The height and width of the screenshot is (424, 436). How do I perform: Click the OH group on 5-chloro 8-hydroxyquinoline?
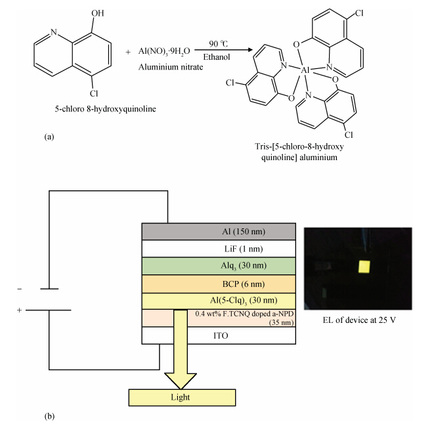98,13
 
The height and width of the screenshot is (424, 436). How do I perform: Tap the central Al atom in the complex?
305,70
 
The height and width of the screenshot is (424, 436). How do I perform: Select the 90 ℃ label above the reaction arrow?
218,44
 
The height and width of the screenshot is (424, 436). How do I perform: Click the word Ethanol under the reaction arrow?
216,57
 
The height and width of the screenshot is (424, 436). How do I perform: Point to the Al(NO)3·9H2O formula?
164,51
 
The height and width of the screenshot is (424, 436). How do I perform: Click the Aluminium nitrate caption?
171,67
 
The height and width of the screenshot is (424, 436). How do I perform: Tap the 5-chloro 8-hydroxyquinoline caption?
105,109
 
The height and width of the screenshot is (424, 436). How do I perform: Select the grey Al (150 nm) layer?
219,231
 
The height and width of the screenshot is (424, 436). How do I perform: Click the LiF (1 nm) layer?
219,249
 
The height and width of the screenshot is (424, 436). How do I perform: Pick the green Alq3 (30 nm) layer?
219,266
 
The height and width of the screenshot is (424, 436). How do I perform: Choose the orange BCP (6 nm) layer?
219,284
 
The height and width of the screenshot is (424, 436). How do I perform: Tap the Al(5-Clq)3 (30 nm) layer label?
244,301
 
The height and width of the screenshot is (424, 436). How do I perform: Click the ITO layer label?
221,335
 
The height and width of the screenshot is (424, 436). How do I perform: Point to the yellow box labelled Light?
182,397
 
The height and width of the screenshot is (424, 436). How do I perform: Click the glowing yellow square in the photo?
364,267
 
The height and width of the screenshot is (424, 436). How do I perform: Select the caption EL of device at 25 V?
359,320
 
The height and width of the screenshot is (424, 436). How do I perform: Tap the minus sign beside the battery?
20,289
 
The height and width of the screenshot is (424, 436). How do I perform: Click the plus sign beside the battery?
19,310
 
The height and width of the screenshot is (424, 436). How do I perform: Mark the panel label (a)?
49,137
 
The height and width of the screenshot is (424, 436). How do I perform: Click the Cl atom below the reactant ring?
94,93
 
